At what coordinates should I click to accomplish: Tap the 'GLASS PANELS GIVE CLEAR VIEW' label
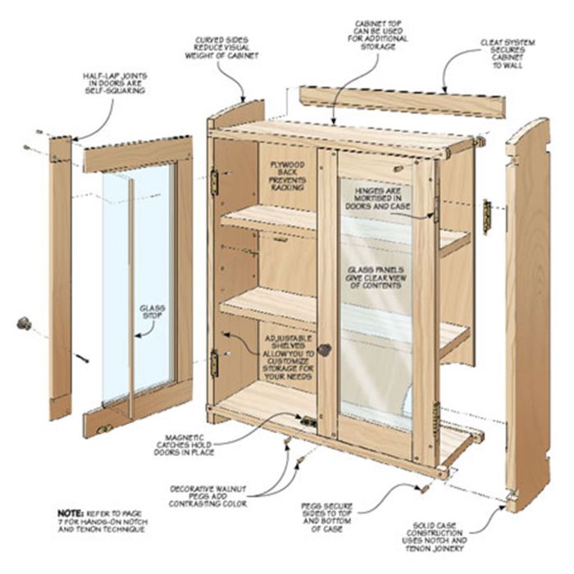point(378,279)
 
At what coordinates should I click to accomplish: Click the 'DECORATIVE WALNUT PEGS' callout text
point(210,493)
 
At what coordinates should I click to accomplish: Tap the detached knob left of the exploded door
point(25,323)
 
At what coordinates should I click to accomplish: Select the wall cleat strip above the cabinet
point(401,102)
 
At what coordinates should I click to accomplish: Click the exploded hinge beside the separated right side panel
point(486,216)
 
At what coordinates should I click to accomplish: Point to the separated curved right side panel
point(526,312)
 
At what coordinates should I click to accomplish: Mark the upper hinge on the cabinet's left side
point(215,181)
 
